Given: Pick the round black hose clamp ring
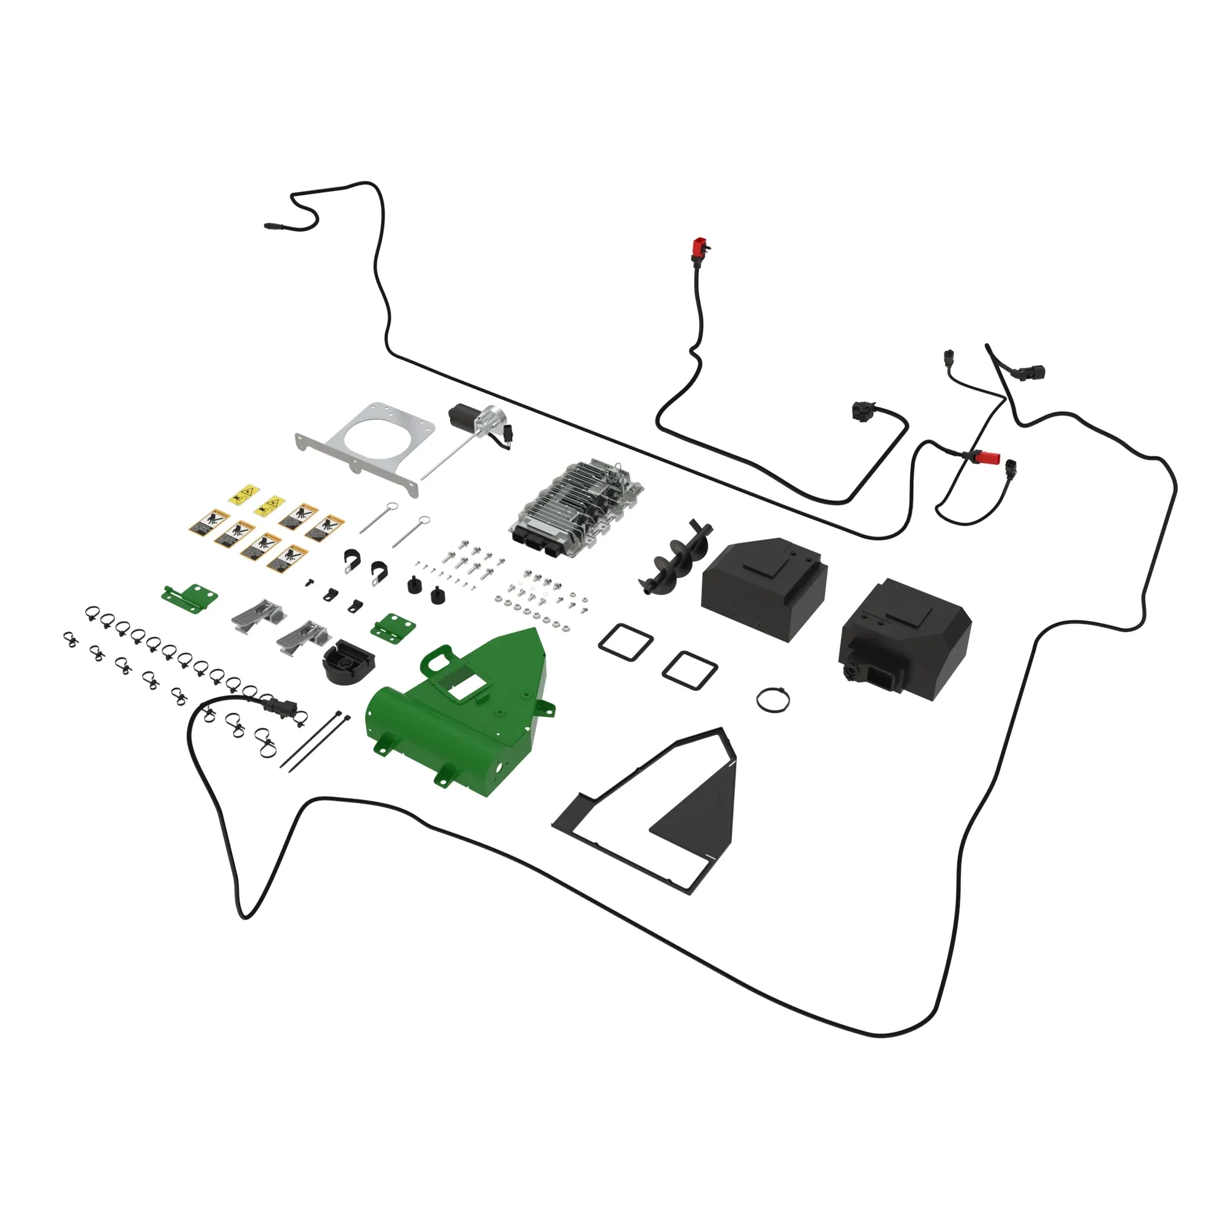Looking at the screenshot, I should click(773, 699).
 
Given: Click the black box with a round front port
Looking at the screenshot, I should click(900, 641).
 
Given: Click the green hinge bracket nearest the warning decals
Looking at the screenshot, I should click(189, 596).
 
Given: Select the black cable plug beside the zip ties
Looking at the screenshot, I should click(279, 705).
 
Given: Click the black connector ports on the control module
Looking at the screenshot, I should click(536, 545).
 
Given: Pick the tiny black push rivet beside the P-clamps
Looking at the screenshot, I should click(309, 580).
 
